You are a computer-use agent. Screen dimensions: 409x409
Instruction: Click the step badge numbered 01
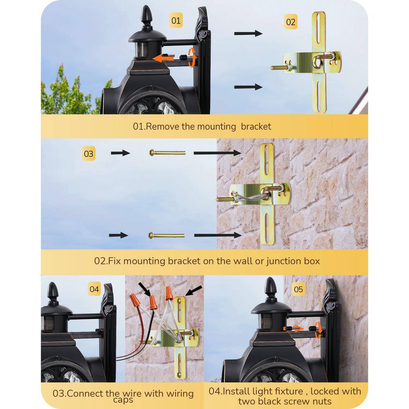(176, 20)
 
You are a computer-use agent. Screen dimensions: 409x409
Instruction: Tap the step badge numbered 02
(290, 22)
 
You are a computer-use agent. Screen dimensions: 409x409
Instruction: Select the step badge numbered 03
(88, 154)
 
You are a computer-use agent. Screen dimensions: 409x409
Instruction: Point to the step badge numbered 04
(94, 289)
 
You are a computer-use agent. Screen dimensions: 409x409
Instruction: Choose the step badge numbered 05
(299, 289)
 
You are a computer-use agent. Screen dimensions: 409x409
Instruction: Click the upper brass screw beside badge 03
(167, 153)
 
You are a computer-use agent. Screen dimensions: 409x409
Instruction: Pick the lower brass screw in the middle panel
(166, 236)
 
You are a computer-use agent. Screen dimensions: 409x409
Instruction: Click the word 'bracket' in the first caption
(256, 126)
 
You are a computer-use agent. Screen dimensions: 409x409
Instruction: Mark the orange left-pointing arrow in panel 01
(163, 58)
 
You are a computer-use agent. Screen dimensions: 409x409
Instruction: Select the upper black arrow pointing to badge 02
(248, 34)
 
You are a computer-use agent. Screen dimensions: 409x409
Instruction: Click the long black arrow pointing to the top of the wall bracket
(217, 153)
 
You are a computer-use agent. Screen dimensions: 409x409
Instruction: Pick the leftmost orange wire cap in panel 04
(134, 300)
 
